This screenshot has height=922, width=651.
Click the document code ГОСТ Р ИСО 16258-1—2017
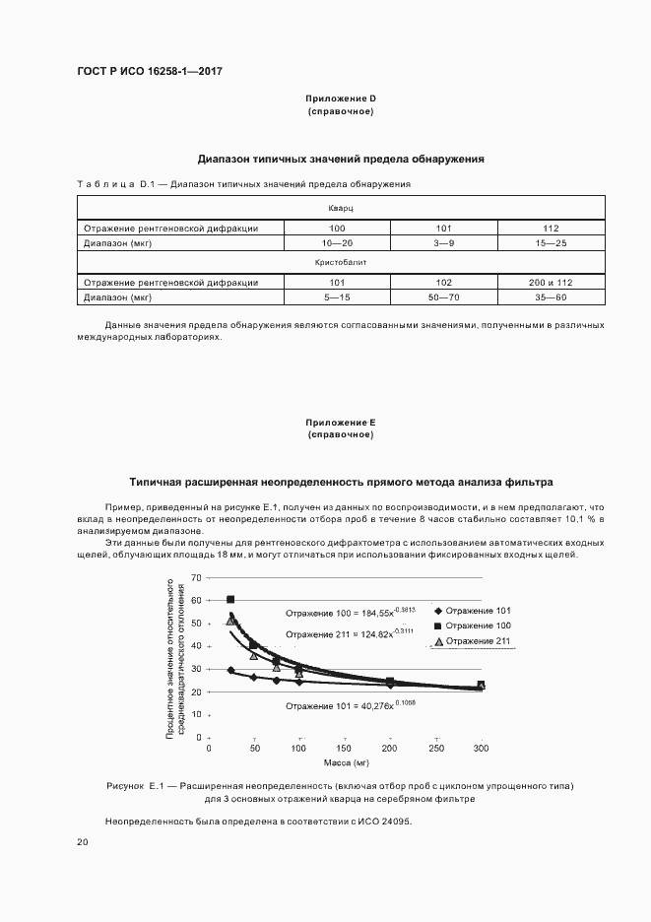click(x=143, y=72)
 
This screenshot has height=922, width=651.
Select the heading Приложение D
click(x=341, y=99)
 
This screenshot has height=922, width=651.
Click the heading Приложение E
click(x=341, y=422)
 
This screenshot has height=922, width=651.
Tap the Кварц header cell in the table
click(x=341, y=209)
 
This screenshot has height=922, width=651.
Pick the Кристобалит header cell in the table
click(x=341, y=264)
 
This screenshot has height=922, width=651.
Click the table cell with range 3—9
click(x=443, y=242)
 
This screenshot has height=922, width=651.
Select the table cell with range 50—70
click(x=443, y=296)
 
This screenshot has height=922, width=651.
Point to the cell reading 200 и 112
click(x=551, y=283)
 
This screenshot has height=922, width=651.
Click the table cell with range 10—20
click(x=337, y=242)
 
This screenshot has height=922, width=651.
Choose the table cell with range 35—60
click(x=551, y=296)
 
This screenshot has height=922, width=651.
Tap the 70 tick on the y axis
click(x=196, y=577)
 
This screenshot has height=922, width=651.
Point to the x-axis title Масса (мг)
click(x=345, y=762)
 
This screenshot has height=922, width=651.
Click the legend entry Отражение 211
click(x=477, y=642)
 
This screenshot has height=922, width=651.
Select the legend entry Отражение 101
click(x=477, y=611)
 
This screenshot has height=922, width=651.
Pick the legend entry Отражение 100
click(x=477, y=626)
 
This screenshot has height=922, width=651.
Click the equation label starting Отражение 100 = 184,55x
click(x=346, y=612)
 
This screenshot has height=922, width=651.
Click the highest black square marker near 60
click(x=230, y=599)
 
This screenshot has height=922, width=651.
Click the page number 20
click(x=82, y=842)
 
